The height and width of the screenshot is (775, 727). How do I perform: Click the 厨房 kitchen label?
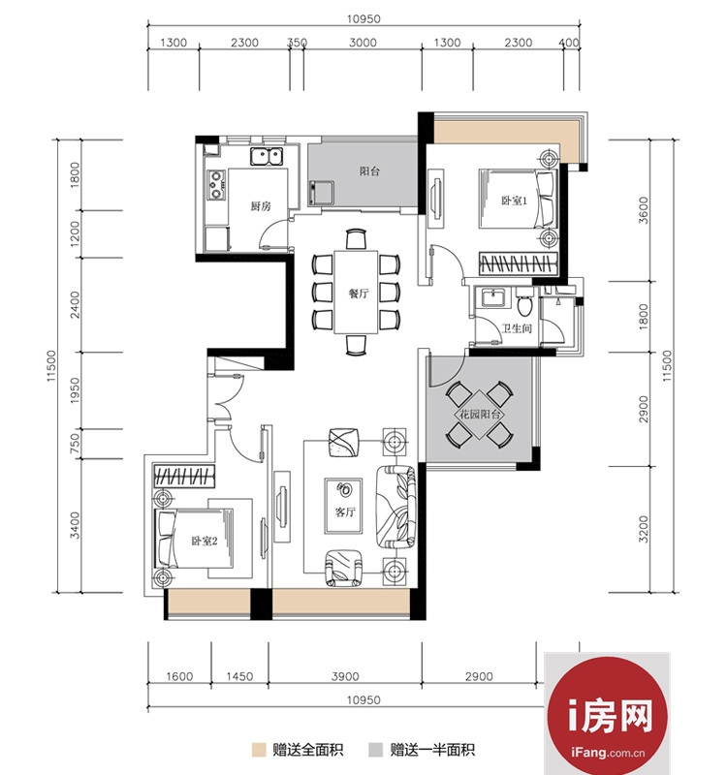coord(261,205)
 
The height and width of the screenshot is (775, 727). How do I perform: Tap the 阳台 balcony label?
coord(369,171)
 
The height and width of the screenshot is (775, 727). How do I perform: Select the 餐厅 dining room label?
coord(359,294)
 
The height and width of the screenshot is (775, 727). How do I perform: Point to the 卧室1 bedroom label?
coord(515,201)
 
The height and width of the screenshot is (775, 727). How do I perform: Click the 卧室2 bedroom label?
coord(205,541)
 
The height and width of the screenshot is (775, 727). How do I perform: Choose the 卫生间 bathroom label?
coord(517,328)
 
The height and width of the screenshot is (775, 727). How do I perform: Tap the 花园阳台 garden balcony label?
coord(480,415)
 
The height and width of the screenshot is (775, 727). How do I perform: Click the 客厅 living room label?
coord(345,512)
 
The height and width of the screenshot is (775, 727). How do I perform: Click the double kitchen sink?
coord(268,156)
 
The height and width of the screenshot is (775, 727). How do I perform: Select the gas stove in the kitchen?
coord(216,184)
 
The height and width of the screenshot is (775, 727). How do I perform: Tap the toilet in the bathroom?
coord(524,302)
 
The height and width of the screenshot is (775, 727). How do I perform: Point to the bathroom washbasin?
coord(492,298)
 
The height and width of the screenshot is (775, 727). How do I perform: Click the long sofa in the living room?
coord(395,507)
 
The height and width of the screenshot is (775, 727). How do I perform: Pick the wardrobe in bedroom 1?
coord(518,263)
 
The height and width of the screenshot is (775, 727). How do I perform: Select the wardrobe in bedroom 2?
coord(184,476)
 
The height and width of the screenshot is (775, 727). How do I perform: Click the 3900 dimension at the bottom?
coord(345,676)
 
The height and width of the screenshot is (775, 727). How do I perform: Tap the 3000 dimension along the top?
coord(363,43)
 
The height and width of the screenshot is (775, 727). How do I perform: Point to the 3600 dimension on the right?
coord(643,210)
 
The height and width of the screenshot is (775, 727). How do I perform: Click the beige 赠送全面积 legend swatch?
coord(259,749)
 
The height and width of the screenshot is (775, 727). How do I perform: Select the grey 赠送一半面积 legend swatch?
coord(375,749)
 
